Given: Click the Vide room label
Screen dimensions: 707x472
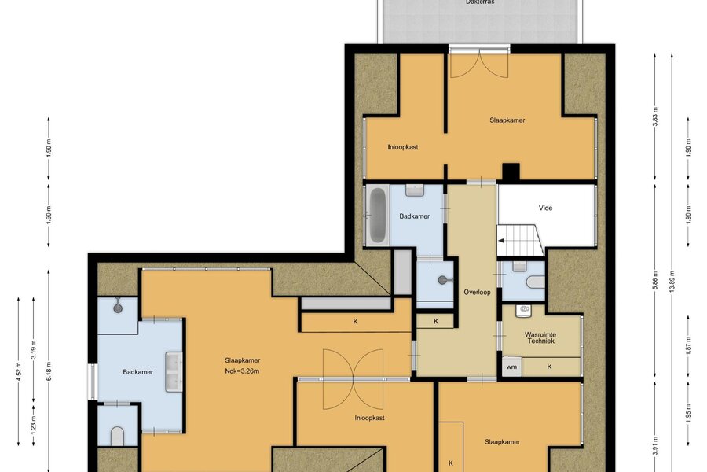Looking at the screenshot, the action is click(546, 208).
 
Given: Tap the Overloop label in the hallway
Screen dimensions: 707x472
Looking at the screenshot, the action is click(477, 292).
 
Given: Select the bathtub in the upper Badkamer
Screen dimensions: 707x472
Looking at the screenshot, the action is click(378, 215).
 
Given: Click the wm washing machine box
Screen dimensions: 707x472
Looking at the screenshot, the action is click(511, 367).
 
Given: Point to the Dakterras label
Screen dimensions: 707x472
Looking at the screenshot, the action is click(480, 2).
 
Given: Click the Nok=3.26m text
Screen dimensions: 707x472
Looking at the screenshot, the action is click(242, 371).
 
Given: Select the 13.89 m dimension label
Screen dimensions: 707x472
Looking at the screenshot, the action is click(672, 282).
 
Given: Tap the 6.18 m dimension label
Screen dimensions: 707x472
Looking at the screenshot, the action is click(49, 371).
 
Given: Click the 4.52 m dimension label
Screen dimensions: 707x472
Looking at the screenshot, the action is click(19, 371).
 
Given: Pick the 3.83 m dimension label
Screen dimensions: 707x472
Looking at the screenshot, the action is click(656, 116).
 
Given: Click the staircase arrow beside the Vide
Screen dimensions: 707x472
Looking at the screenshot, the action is click(500, 241).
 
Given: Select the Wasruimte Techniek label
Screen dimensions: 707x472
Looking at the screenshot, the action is click(540, 337).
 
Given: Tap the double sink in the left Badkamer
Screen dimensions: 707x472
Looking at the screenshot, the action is click(174, 372).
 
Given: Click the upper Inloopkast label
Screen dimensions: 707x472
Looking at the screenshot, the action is click(403, 147).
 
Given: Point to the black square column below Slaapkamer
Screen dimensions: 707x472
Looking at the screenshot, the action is click(511, 171).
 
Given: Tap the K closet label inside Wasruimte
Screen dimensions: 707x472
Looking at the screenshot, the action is click(549, 367).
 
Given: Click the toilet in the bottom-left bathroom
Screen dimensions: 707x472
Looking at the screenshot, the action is click(117, 435).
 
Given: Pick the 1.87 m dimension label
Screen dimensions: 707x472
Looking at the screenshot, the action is click(688, 345).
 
